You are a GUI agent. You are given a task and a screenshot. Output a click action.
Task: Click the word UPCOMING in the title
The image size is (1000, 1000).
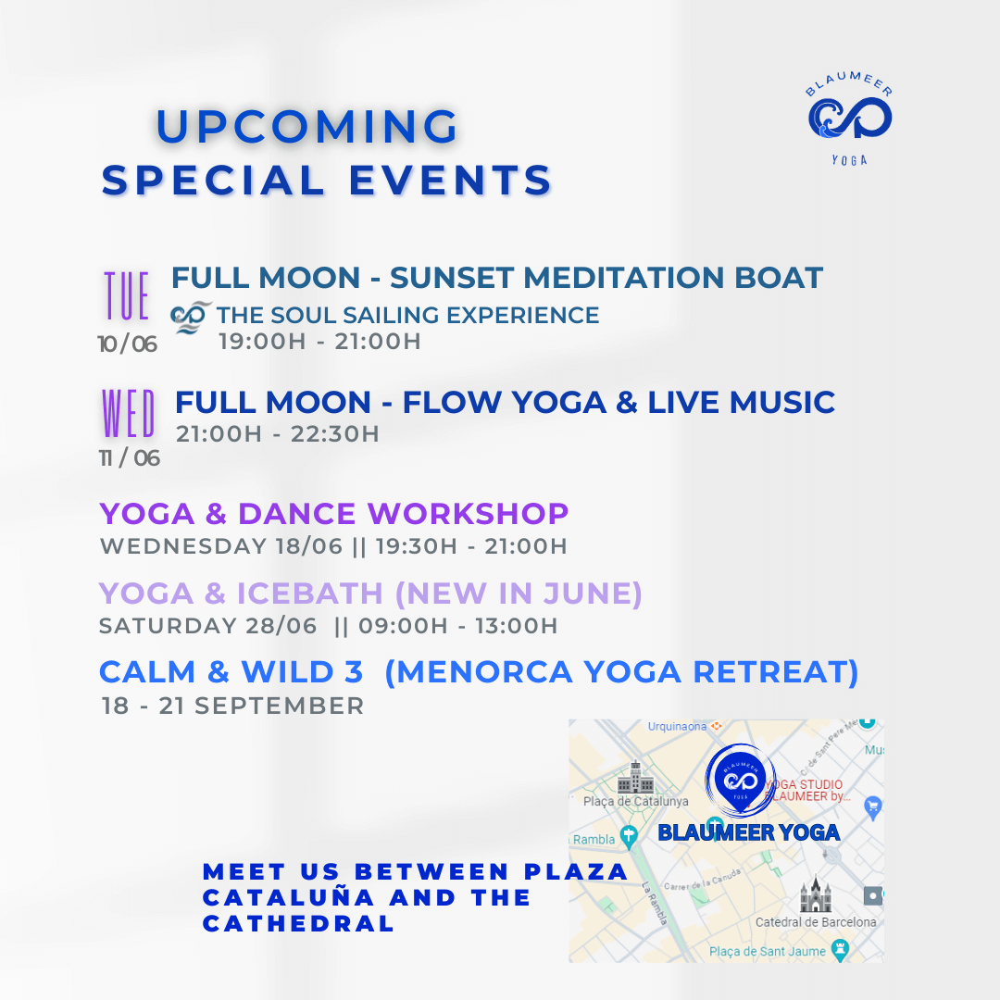[x=306, y=126]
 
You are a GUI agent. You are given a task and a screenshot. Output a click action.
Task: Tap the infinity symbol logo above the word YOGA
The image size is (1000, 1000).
[x=849, y=119]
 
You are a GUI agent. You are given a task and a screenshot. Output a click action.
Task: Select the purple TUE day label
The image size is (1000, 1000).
[x=127, y=295]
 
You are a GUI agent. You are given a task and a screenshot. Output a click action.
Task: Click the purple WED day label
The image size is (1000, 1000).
[x=128, y=413]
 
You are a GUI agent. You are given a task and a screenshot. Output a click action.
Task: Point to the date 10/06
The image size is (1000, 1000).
[x=128, y=344]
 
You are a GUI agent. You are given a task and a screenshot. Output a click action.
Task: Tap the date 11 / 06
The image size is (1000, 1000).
[x=130, y=458]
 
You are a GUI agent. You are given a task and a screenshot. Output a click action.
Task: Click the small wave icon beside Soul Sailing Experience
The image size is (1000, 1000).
[x=190, y=317]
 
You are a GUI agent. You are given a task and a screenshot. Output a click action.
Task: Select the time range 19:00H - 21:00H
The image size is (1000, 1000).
[x=319, y=341]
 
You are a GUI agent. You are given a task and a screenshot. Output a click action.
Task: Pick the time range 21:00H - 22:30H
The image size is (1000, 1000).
[x=278, y=433]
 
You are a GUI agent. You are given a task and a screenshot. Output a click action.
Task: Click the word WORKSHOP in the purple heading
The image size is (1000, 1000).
[x=468, y=513]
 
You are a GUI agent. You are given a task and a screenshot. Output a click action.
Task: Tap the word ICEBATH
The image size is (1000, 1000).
[x=310, y=594]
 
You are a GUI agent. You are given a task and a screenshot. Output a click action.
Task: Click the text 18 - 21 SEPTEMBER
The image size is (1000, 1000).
[x=232, y=706]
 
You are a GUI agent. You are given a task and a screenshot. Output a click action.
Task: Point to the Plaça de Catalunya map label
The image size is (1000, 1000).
[x=636, y=801]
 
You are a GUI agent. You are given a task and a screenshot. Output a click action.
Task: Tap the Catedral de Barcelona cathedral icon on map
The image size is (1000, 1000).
[x=816, y=894]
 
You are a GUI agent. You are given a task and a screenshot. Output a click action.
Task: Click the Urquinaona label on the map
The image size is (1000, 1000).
[x=677, y=727]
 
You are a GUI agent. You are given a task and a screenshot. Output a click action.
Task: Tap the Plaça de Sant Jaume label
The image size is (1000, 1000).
[x=768, y=951]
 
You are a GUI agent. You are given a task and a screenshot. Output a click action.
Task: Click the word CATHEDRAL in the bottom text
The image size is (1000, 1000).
[x=298, y=923]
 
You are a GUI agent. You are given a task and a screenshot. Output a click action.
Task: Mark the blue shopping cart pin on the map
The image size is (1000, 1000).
[x=872, y=808]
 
